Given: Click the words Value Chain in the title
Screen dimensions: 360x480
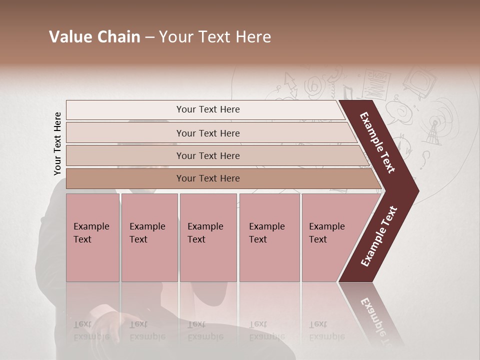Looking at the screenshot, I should click(94, 37).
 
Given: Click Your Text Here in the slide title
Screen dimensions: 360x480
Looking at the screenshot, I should click(215, 37).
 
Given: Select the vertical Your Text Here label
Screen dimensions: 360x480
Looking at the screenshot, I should click(57, 143).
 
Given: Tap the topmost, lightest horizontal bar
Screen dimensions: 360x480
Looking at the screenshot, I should click(208, 109).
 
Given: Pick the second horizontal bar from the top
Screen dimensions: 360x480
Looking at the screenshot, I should click(208, 133).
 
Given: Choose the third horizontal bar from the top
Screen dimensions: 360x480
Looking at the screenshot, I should click(208, 155).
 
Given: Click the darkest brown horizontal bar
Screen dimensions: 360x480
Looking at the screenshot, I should click(208, 178).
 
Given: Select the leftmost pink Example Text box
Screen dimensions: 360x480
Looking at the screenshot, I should click(92, 237).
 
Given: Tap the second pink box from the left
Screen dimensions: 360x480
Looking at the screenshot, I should click(149, 237).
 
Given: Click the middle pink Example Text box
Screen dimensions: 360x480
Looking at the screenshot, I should click(208, 237).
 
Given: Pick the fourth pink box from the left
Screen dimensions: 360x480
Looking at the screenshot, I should click(269, 237).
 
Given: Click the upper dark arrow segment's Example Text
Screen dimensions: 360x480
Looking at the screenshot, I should click(378, 143).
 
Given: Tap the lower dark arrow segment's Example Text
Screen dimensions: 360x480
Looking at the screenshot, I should click(379, 236).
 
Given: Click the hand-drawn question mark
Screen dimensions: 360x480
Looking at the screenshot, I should click(425, 159).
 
